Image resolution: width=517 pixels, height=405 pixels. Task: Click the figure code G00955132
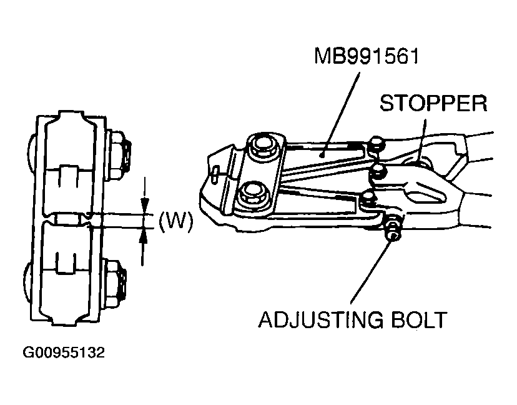64,354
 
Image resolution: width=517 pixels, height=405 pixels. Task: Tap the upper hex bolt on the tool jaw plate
262,147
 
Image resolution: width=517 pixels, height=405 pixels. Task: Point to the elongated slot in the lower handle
431,191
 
